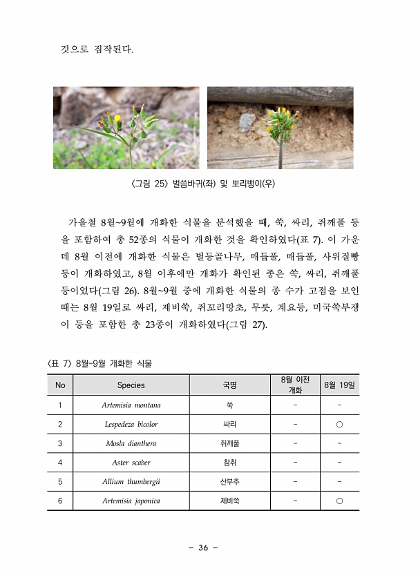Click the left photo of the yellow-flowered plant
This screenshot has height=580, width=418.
pos(126,128)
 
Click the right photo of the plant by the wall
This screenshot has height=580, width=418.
pos(280,128)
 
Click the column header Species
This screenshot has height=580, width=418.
pos(131,385)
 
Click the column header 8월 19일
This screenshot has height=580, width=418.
pos(339,385)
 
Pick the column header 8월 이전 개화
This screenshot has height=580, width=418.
pos(295,385)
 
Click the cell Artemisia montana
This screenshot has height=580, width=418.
pos(131,405)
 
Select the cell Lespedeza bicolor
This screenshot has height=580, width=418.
pos(131,425)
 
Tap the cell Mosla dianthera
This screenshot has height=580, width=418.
pos(131,443)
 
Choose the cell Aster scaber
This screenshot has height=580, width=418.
pos(131,463)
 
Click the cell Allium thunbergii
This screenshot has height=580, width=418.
pos(131,482)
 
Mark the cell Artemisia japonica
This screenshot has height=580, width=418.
pos(131,501)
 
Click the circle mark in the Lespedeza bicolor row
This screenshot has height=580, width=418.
pos(339,425)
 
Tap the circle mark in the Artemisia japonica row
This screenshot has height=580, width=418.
pos(339,501)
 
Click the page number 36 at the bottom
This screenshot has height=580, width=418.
pos(203,548)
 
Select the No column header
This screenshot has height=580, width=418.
pos(60,385)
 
